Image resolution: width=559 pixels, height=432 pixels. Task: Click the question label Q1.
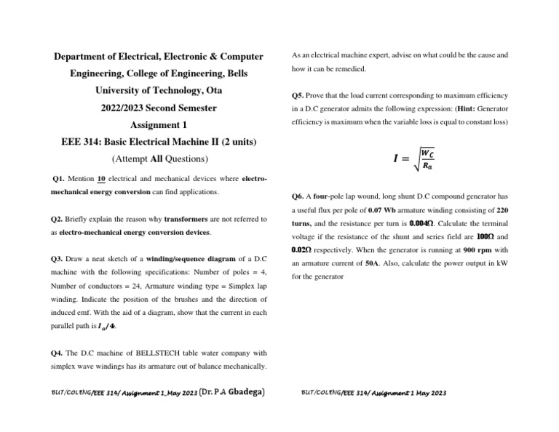(61, 178)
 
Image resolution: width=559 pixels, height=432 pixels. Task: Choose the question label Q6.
(297, 196)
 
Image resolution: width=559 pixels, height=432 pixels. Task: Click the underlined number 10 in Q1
(102, 178)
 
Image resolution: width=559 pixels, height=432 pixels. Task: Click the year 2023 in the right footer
(435, 393)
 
